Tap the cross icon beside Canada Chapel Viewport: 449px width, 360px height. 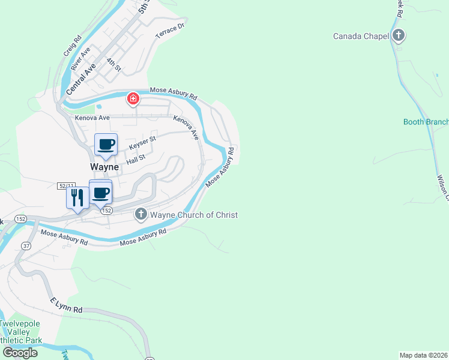point(398,35)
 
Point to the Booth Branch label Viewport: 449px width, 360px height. point(426,122)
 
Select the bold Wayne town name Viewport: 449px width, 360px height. point(104,167)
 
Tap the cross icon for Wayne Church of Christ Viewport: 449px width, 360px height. point(141,214)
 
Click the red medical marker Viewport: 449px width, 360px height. point(133,99)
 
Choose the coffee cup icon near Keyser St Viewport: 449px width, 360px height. point(106,145)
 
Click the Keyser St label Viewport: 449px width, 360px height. point(142,142)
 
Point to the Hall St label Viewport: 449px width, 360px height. point(136,158)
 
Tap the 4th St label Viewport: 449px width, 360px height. point(113,64)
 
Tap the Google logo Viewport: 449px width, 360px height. point(20,352)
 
